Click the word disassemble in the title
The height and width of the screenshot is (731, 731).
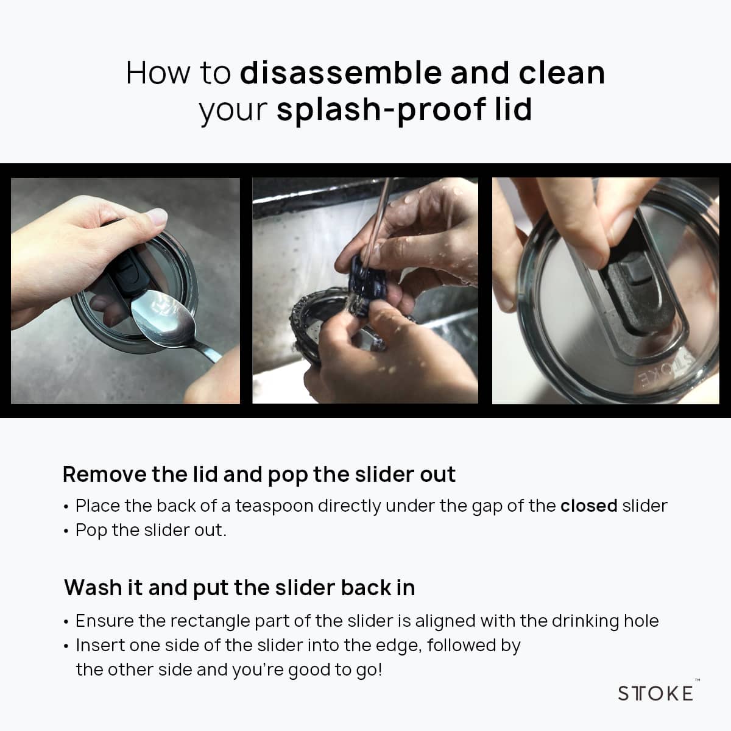342,73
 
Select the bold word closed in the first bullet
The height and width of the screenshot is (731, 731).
589,506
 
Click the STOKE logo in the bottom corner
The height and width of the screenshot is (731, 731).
656,693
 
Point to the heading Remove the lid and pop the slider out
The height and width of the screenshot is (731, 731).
259,475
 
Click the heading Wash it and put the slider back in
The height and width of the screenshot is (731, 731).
240,588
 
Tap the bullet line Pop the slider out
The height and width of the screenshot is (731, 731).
150,531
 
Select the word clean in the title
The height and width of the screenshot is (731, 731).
562,73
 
